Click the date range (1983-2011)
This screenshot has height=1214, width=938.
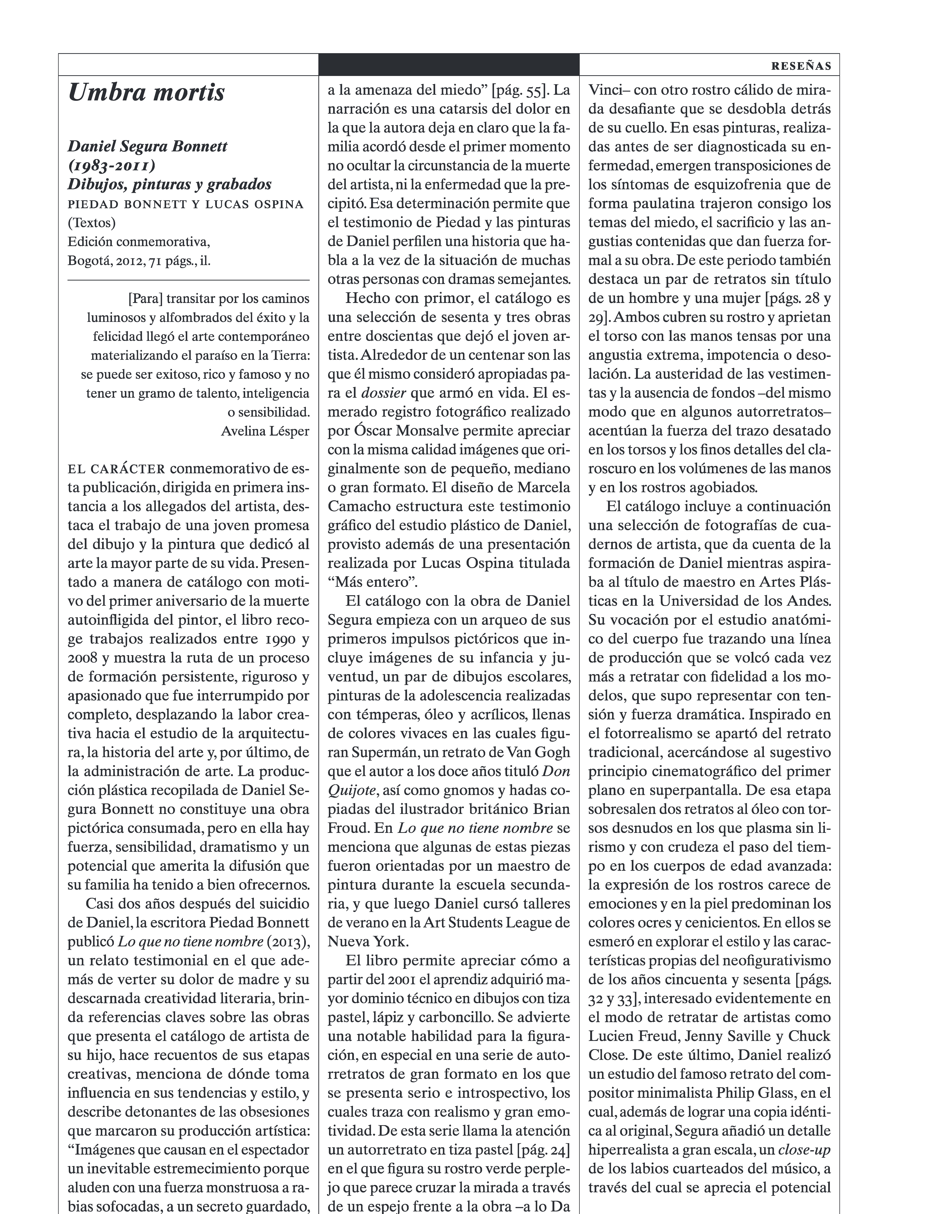[x=111, y=166]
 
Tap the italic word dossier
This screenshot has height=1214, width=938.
[x=383, y=393]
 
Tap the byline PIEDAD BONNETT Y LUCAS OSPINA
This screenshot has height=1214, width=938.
[x=186, y=204]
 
